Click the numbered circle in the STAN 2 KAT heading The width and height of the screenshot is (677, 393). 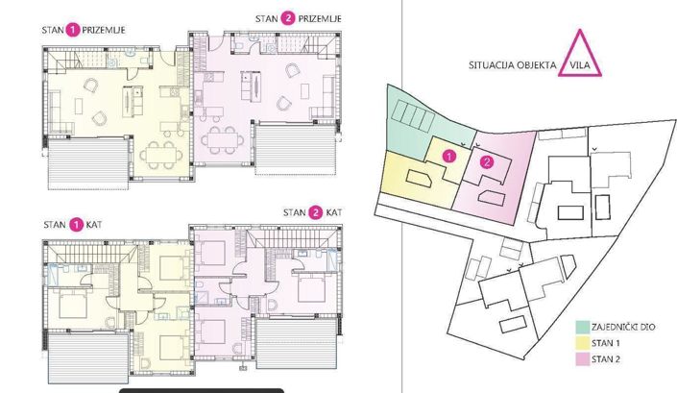(x=320, y=212)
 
